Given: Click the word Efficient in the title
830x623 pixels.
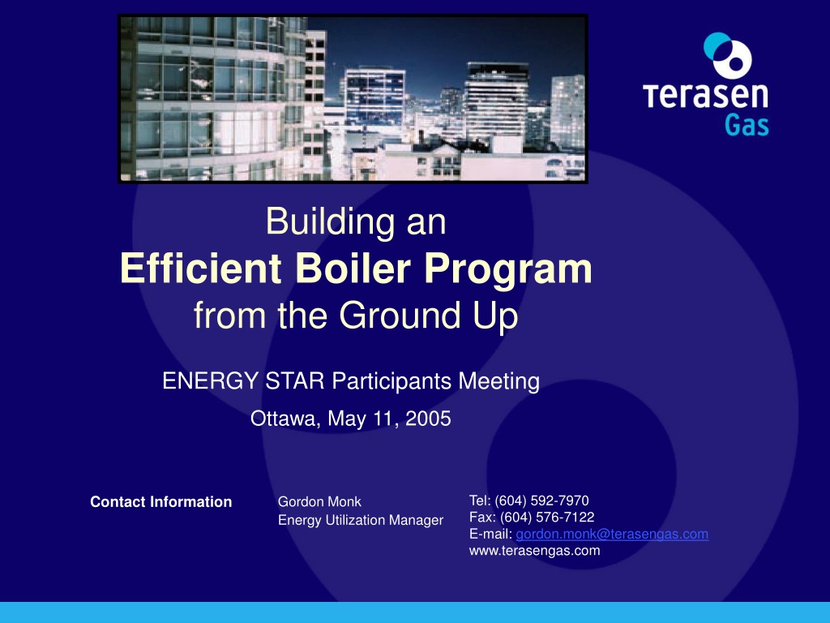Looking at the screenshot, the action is (201, 268).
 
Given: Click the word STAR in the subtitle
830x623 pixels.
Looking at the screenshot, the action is (294, 381).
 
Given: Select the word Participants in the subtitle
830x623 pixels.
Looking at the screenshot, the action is (391, 381).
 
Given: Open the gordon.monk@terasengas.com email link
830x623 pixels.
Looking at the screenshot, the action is (612, 534).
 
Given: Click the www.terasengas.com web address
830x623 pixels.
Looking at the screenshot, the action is (535, 551).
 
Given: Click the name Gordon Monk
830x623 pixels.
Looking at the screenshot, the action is (319, 501).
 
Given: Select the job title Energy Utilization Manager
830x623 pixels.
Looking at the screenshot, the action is (361, 520).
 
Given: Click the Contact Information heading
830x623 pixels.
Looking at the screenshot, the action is (161, 501).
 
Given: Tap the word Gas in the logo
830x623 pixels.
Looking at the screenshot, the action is (747, 125).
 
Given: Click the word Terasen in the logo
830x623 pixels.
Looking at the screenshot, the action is (706, 95).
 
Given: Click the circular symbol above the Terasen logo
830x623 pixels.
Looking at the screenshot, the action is (727, 55).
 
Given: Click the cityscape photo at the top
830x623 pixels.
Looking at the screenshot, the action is (353, 99).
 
